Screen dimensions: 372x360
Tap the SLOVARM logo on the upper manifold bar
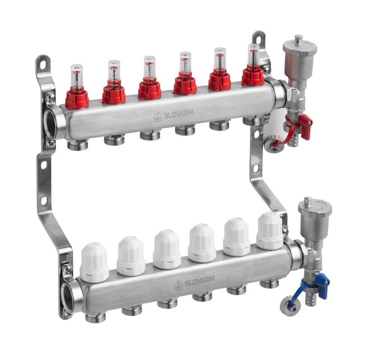click(x=173, y=115)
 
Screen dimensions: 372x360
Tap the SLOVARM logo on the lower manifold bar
click(x=194, y=282)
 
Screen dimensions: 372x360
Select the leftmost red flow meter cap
click(x=77, y=99)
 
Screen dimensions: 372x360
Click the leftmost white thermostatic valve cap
click(x=94, y=263)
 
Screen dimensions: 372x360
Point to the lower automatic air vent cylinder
click(x=315, y=220)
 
